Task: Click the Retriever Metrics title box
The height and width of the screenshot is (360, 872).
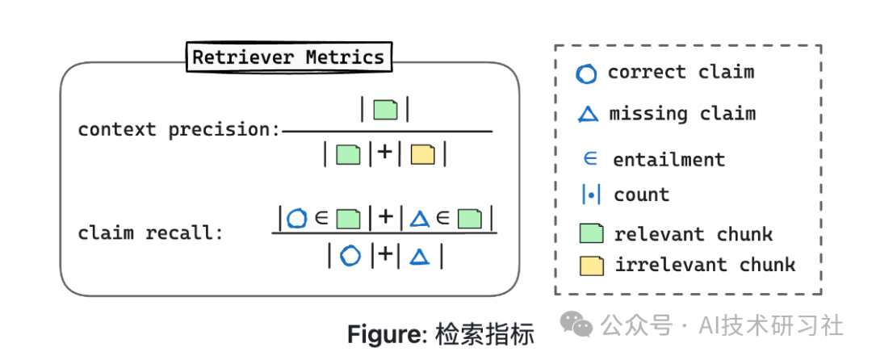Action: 288,58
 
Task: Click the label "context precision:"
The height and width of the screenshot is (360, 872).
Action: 178,130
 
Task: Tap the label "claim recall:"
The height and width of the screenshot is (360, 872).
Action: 150,233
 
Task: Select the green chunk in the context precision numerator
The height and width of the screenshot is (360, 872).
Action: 386,110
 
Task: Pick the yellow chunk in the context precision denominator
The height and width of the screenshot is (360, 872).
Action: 422,153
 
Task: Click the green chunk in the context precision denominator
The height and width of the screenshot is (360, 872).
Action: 348,153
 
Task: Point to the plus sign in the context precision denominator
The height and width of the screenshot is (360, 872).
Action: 386,153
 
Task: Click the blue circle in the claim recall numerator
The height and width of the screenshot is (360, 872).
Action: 298,218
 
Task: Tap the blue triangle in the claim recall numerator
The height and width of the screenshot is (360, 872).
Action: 419,218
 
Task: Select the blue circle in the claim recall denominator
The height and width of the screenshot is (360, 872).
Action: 349,256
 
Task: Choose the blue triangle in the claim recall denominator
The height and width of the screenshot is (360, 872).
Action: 418,257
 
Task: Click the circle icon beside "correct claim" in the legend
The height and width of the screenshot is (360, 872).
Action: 586,74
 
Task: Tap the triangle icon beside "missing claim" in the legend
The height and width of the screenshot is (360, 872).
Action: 588,115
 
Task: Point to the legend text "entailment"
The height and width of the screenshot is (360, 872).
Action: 669,160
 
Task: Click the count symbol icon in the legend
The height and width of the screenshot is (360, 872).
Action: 591,195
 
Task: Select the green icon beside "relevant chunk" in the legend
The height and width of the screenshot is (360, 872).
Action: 591,234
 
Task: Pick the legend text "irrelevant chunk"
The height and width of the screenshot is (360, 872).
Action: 705,265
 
